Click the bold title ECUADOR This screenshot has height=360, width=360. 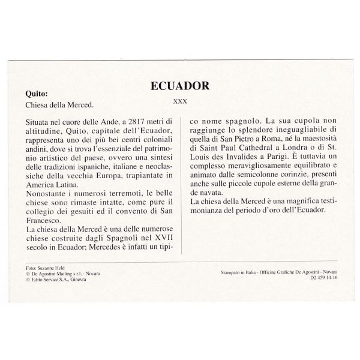179,86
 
